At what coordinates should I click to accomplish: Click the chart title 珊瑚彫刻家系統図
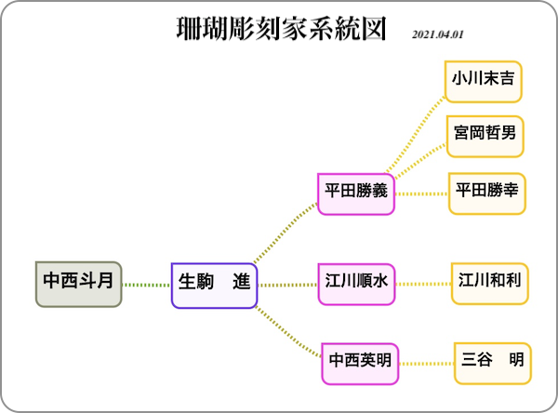pos(281,29)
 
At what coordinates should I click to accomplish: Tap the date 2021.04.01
pos(438,34)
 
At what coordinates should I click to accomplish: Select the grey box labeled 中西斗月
pos(79,284)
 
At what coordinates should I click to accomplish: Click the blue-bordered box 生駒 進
pos(214,286)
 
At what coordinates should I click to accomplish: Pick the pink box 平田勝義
pos(356,194)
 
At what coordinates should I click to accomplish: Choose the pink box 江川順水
pos(356,284)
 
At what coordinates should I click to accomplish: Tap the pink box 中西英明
pos(360,364)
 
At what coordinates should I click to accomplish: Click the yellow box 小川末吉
pos(484,82)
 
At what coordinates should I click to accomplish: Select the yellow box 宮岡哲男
pos(485,137)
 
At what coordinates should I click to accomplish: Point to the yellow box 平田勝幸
pos(486,193)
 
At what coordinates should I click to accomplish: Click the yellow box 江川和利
pos(490,284)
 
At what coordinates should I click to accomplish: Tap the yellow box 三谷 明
pos(493,364)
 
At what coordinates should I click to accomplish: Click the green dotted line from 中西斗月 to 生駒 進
pos(147,285)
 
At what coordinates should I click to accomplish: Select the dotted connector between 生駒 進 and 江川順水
pos(287,285)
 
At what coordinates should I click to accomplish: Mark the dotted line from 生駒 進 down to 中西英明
pos(287,332)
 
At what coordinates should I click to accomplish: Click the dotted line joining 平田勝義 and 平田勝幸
pos(421,194)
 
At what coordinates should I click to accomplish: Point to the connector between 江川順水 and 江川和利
pos(423,284)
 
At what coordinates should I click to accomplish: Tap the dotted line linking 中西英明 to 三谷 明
pos(426,364)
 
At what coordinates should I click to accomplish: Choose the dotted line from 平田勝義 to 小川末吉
pos(415,135)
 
